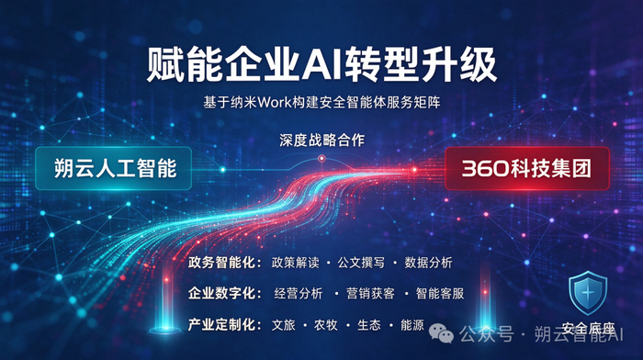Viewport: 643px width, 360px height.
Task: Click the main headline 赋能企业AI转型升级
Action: click(321, 65)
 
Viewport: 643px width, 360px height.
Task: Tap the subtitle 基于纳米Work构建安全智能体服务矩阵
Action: click(321, 102)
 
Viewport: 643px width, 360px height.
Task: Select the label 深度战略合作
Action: click(321, 141)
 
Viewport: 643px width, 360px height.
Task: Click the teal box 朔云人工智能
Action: click(114, 168)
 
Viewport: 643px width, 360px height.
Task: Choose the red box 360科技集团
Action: click(527, 168)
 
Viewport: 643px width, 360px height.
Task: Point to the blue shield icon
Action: click(588, 293)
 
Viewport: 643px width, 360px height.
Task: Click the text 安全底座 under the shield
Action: click(588, 329)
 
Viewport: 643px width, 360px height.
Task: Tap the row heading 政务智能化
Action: click(225, 263)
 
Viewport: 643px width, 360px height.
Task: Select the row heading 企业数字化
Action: click(225, 294)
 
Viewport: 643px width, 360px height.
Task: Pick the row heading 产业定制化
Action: click(225, 325)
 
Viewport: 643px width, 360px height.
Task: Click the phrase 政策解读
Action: click(295, 263)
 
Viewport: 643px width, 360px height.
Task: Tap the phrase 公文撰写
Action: click(361, 263)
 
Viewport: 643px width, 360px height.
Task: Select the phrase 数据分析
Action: click(429, 263)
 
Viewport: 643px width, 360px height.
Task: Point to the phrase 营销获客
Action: click(370, 294)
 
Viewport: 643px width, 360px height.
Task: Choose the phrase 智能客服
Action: click(440, 294)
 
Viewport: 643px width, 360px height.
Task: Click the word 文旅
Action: click(284, 325)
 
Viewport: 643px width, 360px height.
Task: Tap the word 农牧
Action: click(326, 325)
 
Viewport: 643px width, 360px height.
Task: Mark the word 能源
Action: click(412, 325)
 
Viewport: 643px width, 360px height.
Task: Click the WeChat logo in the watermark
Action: click(441, 333)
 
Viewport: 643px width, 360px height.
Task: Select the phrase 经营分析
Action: click(299, 294)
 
